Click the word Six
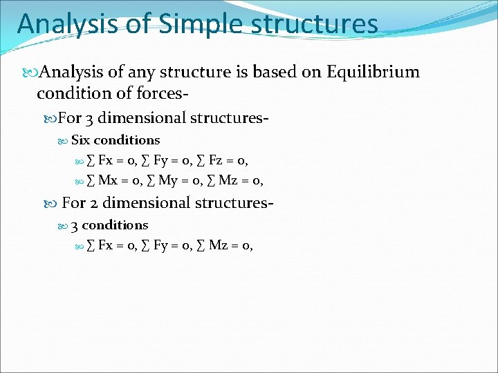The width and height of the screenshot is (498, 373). (81, 140)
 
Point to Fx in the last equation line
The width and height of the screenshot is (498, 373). (107, 245)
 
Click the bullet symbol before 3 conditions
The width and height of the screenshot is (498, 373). (64, 225)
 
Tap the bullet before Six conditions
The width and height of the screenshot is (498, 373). (64, 140)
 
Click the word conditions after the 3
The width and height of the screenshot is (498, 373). (115, 225)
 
